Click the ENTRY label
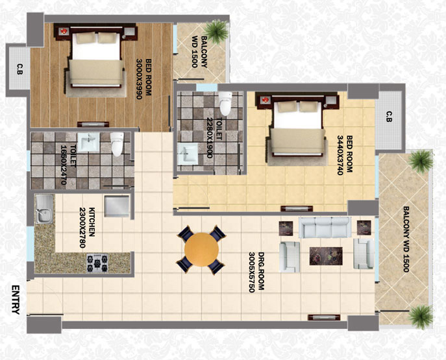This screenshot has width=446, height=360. coord(16,300)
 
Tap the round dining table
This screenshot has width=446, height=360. coord(201,250)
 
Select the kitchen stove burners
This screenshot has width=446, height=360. coord(97,263)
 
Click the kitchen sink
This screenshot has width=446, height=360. coord(44,209)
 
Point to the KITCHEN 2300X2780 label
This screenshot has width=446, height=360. coord(86,228)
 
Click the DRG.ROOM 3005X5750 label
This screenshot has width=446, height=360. coord(256,272)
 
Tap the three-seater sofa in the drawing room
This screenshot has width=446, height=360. coord(325,227)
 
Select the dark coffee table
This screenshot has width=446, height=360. coord(326,256)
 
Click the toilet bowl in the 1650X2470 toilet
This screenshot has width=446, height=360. coord(117,144)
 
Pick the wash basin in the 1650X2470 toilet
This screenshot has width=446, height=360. coord(89,142)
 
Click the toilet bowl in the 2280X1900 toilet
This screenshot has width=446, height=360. coord(225,103)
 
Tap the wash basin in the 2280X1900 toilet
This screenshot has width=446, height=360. coord(188,154)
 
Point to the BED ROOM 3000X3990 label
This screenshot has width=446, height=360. coord(143,78)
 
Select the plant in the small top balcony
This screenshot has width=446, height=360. coord(217,31)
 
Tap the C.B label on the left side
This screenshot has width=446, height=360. coord(19,69)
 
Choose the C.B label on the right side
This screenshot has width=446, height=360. coord(389,117)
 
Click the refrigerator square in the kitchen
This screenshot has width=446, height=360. coord(117,206)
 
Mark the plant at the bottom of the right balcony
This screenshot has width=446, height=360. coord(420,317)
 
